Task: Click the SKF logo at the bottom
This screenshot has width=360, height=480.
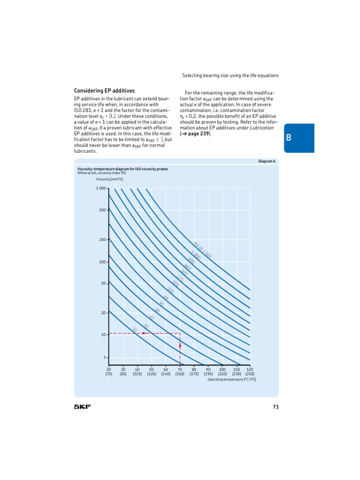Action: pyautogui.click(x=82, y=406)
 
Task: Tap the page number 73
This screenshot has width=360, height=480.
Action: pyautogui.click(x=276, y=407)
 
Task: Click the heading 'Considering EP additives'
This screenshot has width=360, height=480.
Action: pyautogui.click(x=105, y=90)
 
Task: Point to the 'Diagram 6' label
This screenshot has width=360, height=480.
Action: pyautogui.click(x=267, y=161)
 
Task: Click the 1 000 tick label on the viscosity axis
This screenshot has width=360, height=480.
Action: pyautogui.click(x=101, y=188)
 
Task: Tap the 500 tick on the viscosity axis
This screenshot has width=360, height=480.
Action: pyautogui.click(x=103, y=210)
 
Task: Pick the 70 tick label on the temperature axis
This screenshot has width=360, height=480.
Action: pyautogui.click(x=180, y=369)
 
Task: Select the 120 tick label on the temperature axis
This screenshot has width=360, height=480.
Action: pyautogui.click(x=250, y=369)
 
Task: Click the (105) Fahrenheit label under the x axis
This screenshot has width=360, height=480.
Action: pyautogui.click(x=137, y=374)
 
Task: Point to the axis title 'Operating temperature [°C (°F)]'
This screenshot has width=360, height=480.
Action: pyautogui.click(x=232, y=379)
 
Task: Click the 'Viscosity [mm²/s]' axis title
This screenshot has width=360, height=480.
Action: pyautogui.click(x=109, y=179)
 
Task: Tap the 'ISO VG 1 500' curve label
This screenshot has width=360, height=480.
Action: pyautogui.click(x=202, y=249)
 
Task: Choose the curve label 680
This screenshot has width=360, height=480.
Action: pyautogui.click(x=191, y=261)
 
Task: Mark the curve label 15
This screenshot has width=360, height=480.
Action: pyautogui.click(x=146, y=326)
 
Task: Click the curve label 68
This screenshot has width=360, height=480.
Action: pyautogui.click(x=165, y=298)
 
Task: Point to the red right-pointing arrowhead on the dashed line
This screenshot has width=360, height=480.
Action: pyautogui.click(x=144, y=333)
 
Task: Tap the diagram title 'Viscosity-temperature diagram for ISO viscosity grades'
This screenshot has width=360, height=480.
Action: pyautogui.click(x=122, y=168)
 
